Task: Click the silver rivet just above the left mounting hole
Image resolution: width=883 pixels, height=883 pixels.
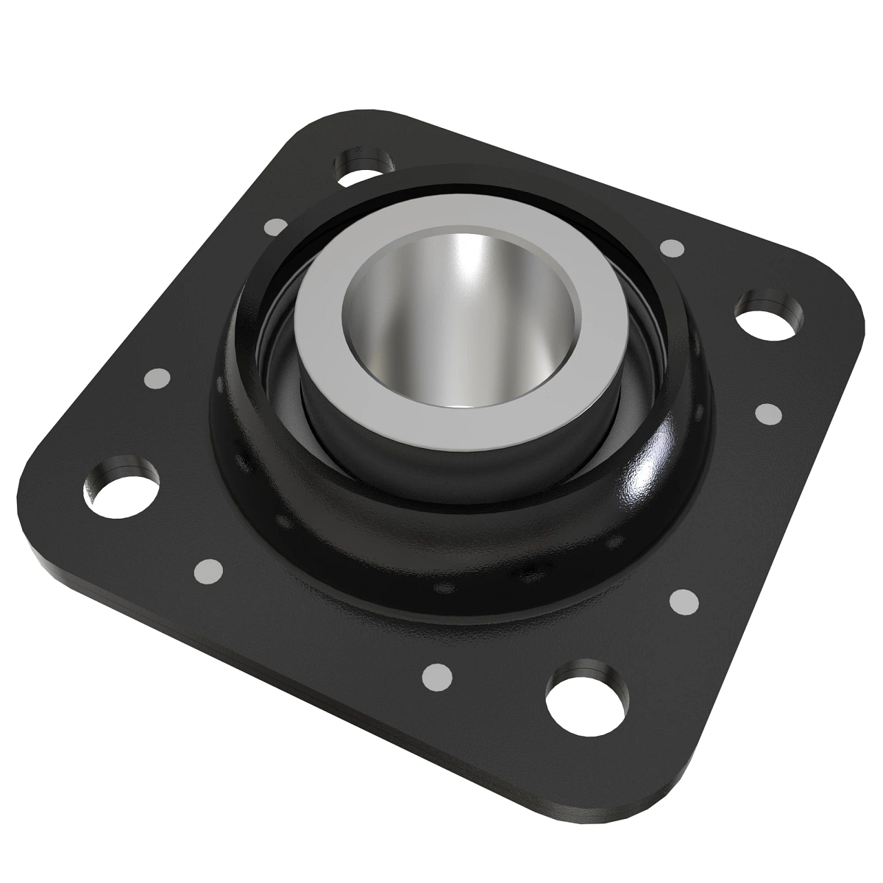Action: (x=158, y=379)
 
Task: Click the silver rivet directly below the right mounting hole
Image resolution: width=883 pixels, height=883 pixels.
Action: (x=768, y=414)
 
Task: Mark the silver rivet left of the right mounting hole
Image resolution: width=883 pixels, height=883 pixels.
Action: (x=670, y=247)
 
